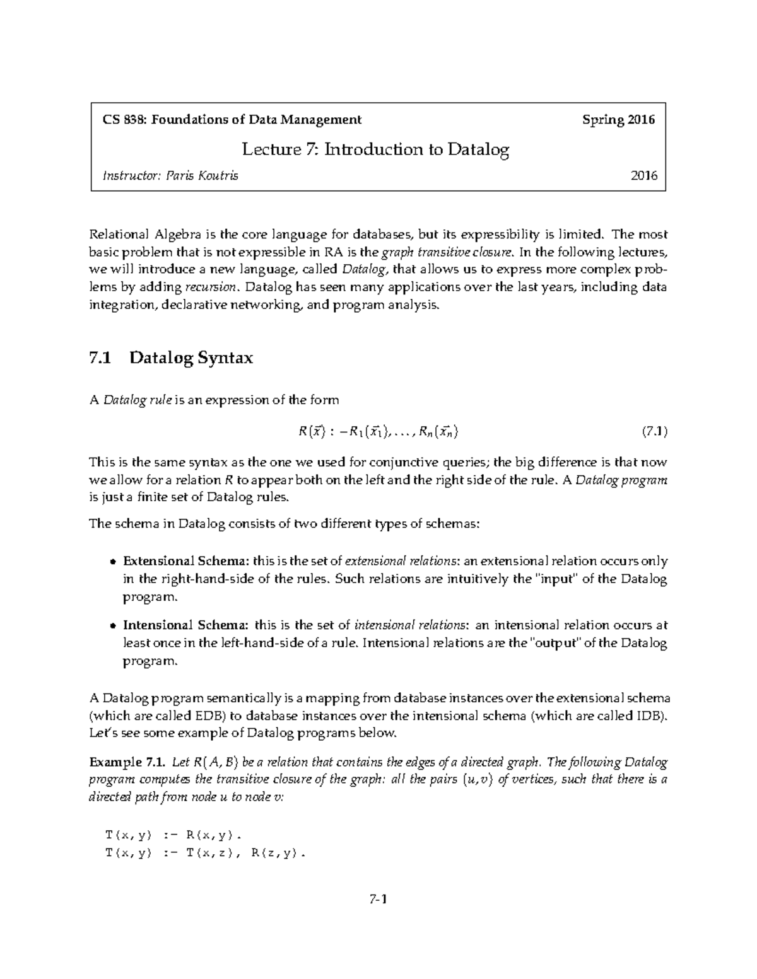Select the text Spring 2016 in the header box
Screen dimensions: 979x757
[618, 120]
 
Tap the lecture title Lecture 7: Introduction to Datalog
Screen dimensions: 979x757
[376, 149]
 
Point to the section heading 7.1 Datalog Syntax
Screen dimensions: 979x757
[172, 358]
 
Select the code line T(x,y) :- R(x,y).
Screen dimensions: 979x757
[174, 835]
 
